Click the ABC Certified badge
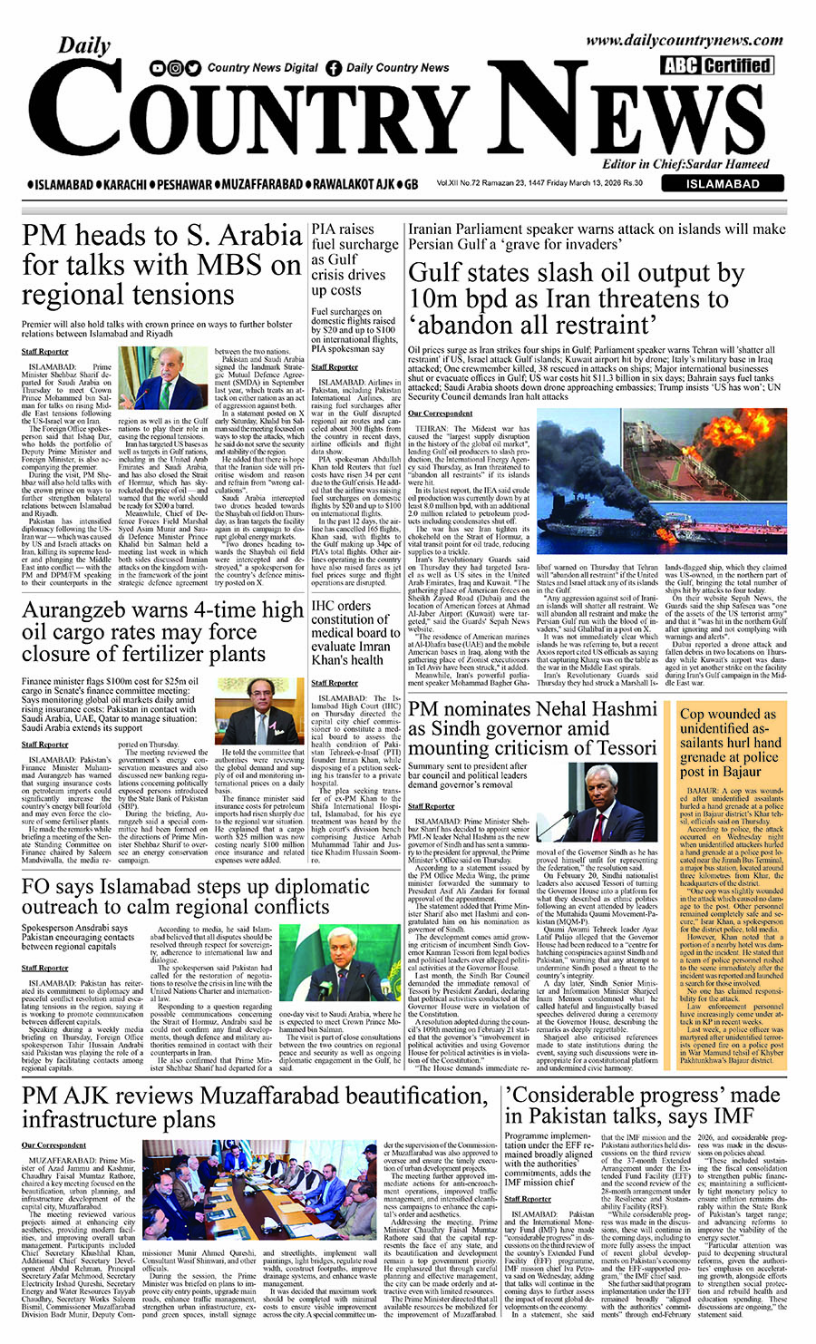(716, 65)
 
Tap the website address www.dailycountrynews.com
(684, 40)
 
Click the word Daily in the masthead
(84, 45)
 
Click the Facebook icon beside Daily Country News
(334, 68)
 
